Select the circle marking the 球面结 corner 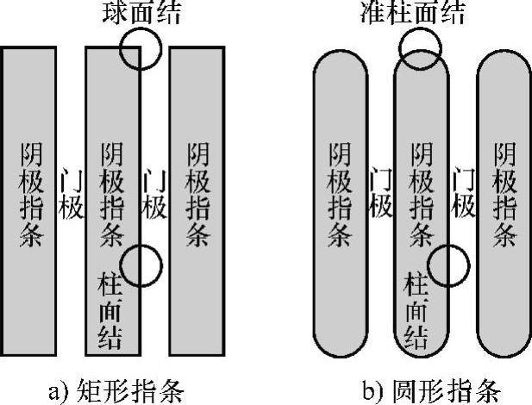pyautogui.click(x=140, y=48)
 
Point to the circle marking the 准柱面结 pyautogui.click(x=420, y=47)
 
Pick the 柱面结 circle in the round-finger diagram pyautogui.click(x=449, y=265)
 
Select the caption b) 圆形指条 pyautogui.click(x=419, y=388)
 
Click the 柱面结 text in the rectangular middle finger pyautogui.click(x=112, y=308)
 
